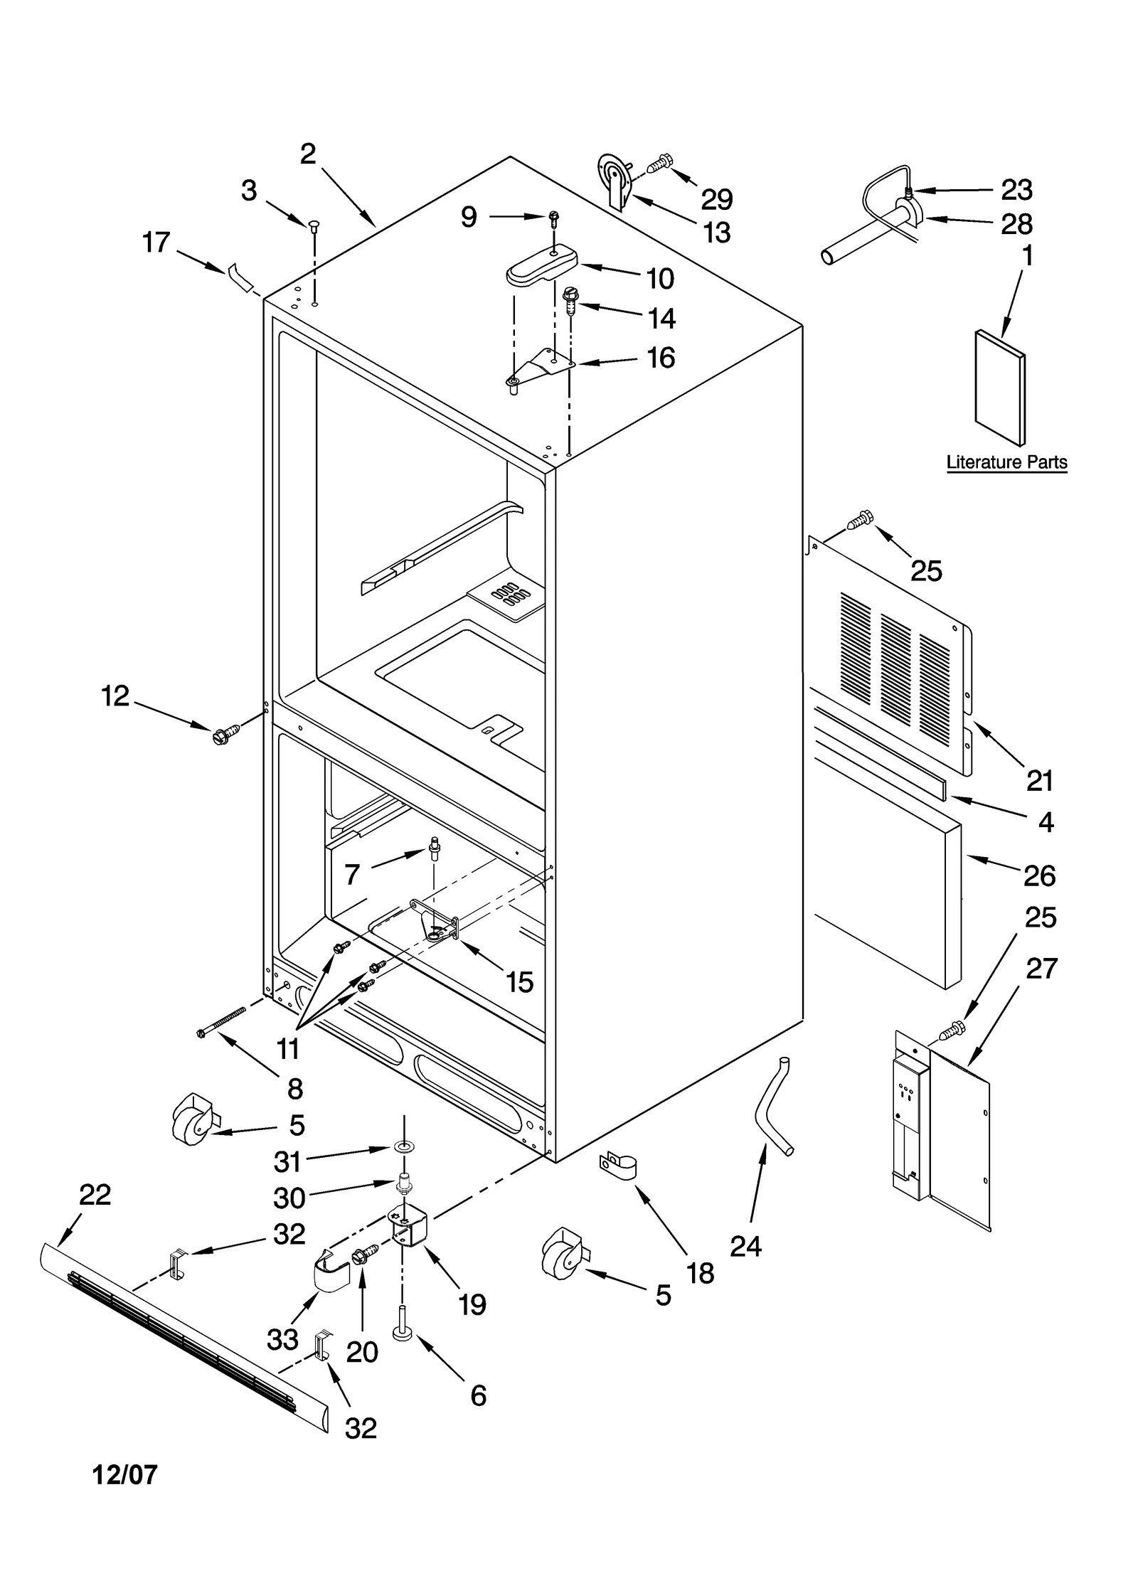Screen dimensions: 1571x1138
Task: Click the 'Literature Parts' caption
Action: tap(1006, 462)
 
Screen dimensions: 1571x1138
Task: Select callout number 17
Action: tap(156, 243)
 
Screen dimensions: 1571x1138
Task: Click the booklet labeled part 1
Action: tap(999, 388)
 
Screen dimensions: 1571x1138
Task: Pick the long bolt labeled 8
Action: tap(220, 1021)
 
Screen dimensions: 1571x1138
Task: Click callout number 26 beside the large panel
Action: tap(1039, 875)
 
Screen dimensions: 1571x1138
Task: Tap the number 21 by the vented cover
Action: tap(1039, 781)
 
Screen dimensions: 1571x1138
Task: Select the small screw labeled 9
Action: tap(553, 216)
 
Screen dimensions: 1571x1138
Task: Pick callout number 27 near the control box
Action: tap(1041, 968)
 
